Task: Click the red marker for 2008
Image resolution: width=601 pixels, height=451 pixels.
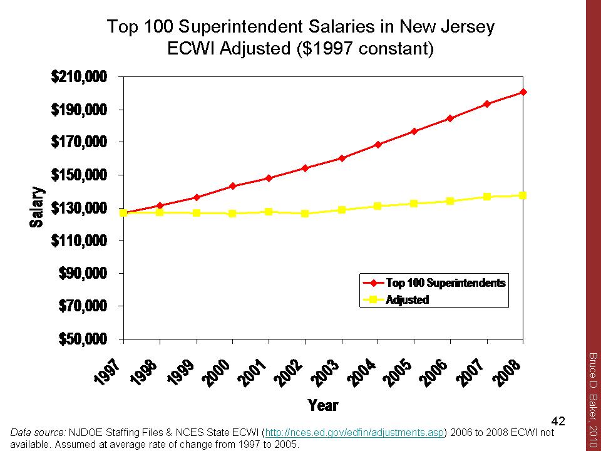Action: pos(523,92)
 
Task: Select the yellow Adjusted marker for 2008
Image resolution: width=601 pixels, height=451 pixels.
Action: pos(523,195)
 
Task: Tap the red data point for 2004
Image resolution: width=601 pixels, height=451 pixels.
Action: pos(378,145)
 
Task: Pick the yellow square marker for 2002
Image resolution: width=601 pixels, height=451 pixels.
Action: pos(305,214)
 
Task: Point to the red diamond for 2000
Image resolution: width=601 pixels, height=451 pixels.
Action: pos(232,186)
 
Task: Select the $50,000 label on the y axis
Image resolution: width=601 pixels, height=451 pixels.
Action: pos(86,339)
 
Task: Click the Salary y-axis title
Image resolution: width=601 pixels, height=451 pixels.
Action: pos(38,207)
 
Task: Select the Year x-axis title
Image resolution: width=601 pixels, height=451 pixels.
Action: pos(323,405)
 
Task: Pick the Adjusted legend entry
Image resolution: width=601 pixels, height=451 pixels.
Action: pos(407,299)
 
